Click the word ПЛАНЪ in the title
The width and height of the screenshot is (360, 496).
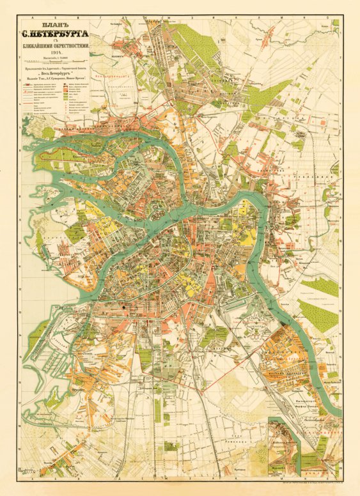tap(61, 27)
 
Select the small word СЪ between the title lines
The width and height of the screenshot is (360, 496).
tap(61, 49)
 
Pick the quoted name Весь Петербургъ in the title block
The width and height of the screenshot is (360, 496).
tap(61, 81)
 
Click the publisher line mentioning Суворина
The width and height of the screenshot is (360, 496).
tap(61, 87)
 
